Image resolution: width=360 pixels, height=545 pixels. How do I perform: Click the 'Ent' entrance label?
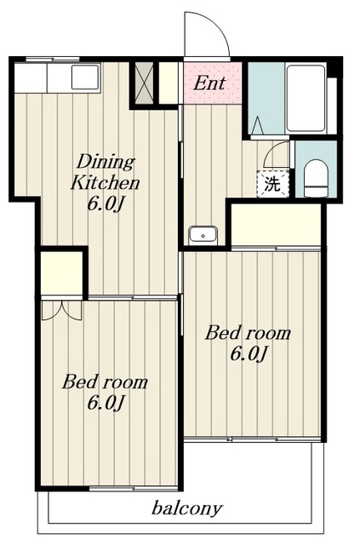point(209,83)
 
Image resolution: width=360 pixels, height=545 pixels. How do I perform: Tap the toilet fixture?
point(316,178)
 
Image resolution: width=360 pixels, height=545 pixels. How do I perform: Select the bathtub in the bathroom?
point(306,99)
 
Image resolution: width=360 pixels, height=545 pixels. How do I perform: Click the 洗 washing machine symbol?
point(273,184)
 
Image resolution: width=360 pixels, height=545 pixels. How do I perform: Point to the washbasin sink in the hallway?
point(203,235)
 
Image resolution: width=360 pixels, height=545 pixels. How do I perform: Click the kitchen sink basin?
point(85,77)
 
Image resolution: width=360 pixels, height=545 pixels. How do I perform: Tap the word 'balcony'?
point(186,508)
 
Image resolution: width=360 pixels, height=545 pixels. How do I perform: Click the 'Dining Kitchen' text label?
point(105,172)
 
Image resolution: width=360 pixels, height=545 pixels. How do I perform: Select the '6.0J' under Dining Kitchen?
point(106,204)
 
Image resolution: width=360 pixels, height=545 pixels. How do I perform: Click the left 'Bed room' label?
point(105,382)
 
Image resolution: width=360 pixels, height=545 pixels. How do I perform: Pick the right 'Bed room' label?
point(248,333)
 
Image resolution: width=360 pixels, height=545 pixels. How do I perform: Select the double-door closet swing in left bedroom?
point(62,310)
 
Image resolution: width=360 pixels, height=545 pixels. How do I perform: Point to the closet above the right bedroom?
point(276,225)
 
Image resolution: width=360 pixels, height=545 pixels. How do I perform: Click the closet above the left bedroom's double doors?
point(61,273)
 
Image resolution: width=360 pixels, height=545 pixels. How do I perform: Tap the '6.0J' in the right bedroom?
point(249,354)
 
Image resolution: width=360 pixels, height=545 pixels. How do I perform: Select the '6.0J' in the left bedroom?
point(106,403)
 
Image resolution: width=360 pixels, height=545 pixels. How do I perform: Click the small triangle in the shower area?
point(258,125)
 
